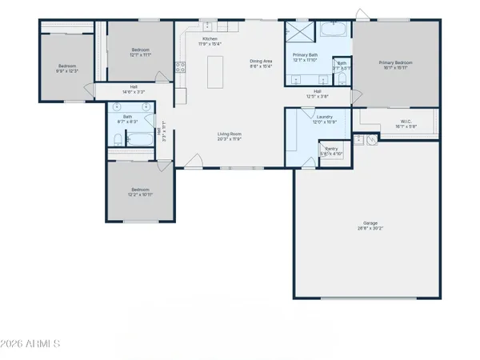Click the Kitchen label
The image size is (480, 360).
click(210, 38)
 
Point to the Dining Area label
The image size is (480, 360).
click(262, 61)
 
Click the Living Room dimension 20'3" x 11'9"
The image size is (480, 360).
click(230, 139)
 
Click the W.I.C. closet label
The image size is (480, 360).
click(405, 122)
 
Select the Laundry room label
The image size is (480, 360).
click(324, 117)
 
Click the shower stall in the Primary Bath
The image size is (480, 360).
click(299, 33)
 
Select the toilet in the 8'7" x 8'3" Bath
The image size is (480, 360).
click(117, 142)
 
